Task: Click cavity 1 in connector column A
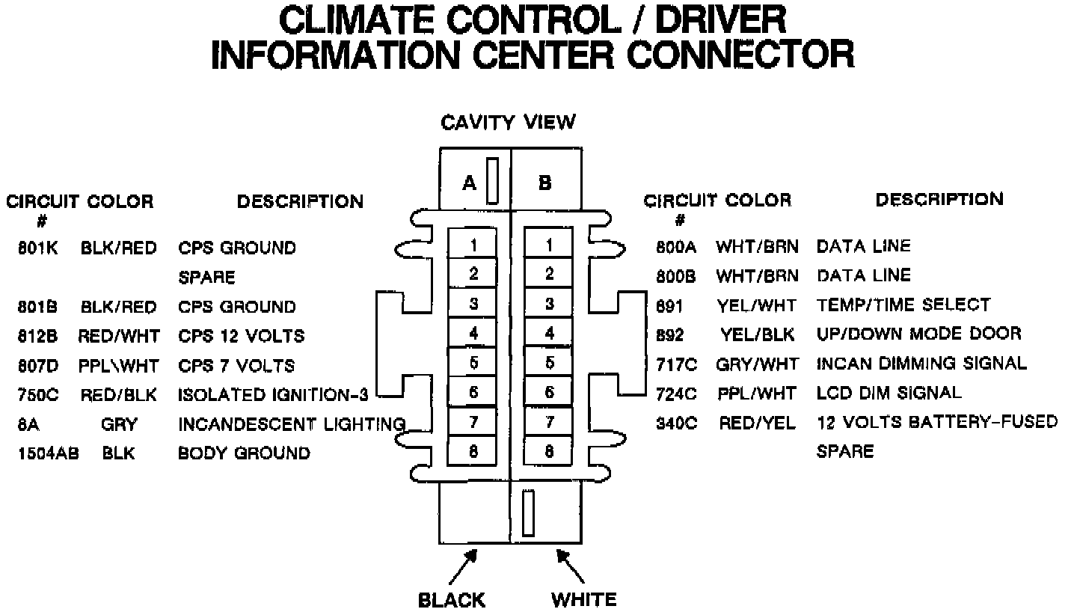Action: click(473, 245)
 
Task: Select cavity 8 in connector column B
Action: click(549, 451)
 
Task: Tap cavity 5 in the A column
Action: click(473, 363)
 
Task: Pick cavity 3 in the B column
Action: click(549, 304)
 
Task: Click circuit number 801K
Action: click(37, 248)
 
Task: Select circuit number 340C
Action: click(676, 423)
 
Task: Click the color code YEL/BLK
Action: click(758, 334)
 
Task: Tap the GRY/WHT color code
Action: click(757, 364)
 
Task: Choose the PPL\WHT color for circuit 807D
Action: click(118, 366)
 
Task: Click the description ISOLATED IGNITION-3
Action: click(273, 395)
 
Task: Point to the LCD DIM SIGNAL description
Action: click(889, 393)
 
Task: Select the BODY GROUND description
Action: click(244, 453)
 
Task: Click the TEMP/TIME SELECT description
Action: click(903, 305)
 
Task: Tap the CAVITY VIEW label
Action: click(509, 121)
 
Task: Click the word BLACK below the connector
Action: click(451, 600)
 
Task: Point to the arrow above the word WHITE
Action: click(570, 566)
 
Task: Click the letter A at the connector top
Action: click(469, 183)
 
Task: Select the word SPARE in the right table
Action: click(845, 452)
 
